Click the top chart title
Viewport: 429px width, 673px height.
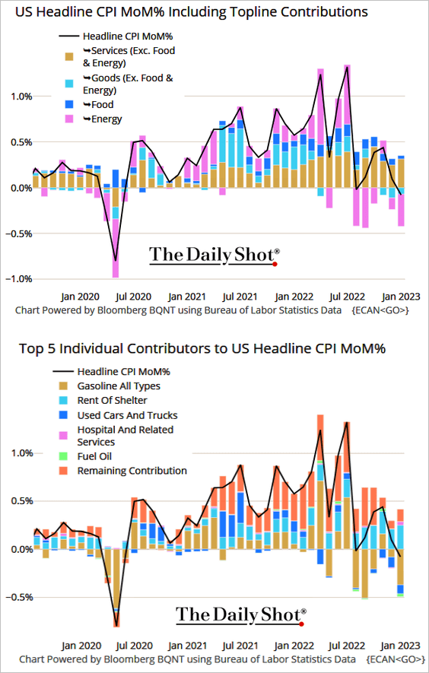(x=192, y=11)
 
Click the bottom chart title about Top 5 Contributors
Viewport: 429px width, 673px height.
(x=202, y=348)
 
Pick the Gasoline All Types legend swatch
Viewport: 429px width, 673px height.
(x=63, y=386)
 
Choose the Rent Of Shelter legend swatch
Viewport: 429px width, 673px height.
(x=63, y=401)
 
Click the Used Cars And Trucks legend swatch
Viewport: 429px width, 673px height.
(x=63, y=415)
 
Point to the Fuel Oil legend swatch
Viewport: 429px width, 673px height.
(x=63, y=457)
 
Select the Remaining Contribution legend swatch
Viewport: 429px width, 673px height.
(x=63, y=471)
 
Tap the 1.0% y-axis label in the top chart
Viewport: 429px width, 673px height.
(x=21, y=96)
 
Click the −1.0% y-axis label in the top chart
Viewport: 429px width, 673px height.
(x=19, y=279)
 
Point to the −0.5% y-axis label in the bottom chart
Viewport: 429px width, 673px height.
(x=19, y=598)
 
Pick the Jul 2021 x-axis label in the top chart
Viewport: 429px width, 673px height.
(x=241, y=297)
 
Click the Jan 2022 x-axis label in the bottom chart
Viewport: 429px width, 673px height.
(x=294, y=646)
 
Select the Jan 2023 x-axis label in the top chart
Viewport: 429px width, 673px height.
(x=400, y=297)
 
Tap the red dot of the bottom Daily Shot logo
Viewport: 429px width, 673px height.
(x=301, y=624)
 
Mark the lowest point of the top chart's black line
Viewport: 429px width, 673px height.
(x=116, y=261)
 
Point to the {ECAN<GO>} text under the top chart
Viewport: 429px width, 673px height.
(x=380, y=310)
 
